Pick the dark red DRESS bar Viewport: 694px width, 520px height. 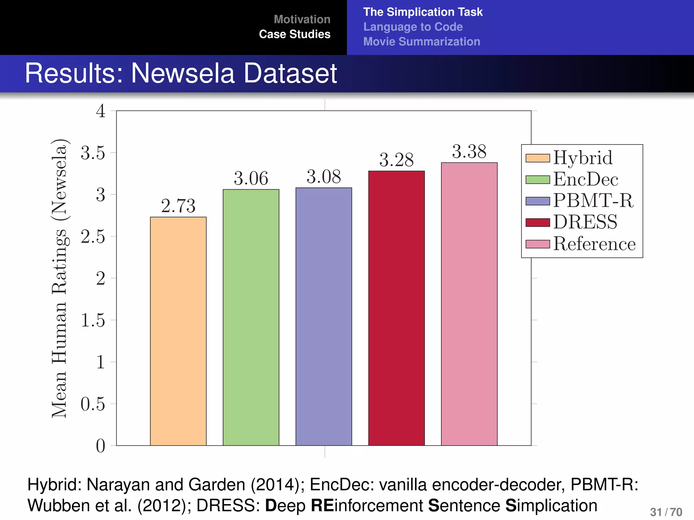pos(396,308)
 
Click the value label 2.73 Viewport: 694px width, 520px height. pos(178,206)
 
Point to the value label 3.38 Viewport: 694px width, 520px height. pos(469,151)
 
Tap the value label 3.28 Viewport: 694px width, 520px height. pos(396,160)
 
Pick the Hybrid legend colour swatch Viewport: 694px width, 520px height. pos(537,158)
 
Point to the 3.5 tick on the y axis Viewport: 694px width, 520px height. pos(93,153)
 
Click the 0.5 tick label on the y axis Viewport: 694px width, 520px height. pos(93,404)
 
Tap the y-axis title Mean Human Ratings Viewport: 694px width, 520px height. pos(60,278)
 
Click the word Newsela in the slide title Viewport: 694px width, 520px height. pos(183,73)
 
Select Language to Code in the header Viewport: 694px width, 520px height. pos(413,27)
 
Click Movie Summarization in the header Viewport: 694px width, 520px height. pos(422,42)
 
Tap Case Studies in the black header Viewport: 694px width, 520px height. pos(294,34)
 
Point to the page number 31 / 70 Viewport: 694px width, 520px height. pos(666,512)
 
